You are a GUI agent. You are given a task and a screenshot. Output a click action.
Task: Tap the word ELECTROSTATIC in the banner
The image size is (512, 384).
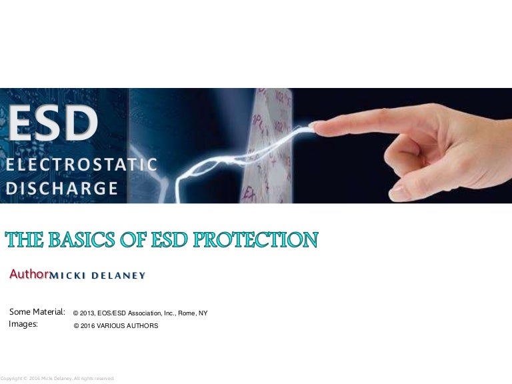[82, 164]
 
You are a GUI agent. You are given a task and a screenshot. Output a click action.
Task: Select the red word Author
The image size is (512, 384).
[28, 274]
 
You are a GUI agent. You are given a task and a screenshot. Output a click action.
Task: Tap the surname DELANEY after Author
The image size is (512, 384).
[120, 275]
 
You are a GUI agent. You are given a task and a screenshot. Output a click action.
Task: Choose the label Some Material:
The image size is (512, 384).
[37, 311]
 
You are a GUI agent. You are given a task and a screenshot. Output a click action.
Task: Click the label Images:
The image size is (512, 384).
[23, 324]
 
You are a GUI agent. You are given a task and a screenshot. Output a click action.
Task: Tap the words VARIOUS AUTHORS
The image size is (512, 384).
[128, 325]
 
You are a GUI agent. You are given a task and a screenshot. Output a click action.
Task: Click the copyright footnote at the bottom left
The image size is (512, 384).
[57, 378]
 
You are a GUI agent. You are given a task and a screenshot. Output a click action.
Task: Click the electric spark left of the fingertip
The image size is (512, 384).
[267, 143]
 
